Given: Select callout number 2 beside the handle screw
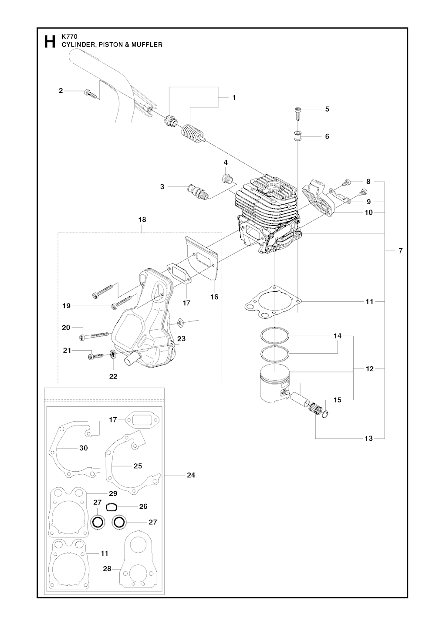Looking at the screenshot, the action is pyautogui.click(x=61, y=91).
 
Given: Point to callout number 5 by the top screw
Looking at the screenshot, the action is pyautogui.click(x=328, y=109).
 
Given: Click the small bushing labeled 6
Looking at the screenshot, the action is pyautogui.click(x=298, y=135).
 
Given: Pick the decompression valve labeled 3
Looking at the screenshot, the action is pyautogui.click(x=198, y=191).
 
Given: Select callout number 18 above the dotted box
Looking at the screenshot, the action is pyautogui.click(x=142, y=220).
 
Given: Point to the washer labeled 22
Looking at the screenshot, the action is pyautogui.click(x=113, y=355).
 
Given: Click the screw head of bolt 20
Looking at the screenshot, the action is pyautogui.click(x=81, y=338).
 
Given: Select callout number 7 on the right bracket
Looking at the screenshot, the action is pyautogui.click(x=401, y=251).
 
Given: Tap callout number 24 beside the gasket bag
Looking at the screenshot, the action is pyautogui.click(x=191, y=475).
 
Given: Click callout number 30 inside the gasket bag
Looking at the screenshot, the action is pyautogui.click(x=84, y=448).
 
